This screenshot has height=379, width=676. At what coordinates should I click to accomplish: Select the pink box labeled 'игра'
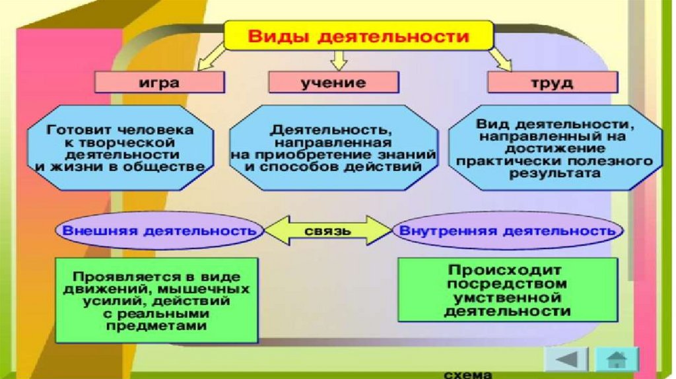pos(159,83)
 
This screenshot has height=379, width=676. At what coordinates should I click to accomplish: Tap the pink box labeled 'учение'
pos(333,83)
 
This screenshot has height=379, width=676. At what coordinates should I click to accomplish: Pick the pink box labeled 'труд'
pos(552,83)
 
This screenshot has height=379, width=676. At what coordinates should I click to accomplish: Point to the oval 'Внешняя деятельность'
pos(158,232)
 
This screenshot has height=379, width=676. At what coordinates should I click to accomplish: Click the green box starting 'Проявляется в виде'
pos(156,300)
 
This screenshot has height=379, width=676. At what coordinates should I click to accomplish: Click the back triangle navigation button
pos(566,361)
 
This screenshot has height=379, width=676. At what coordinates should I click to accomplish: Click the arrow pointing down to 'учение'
pos(339,61)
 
